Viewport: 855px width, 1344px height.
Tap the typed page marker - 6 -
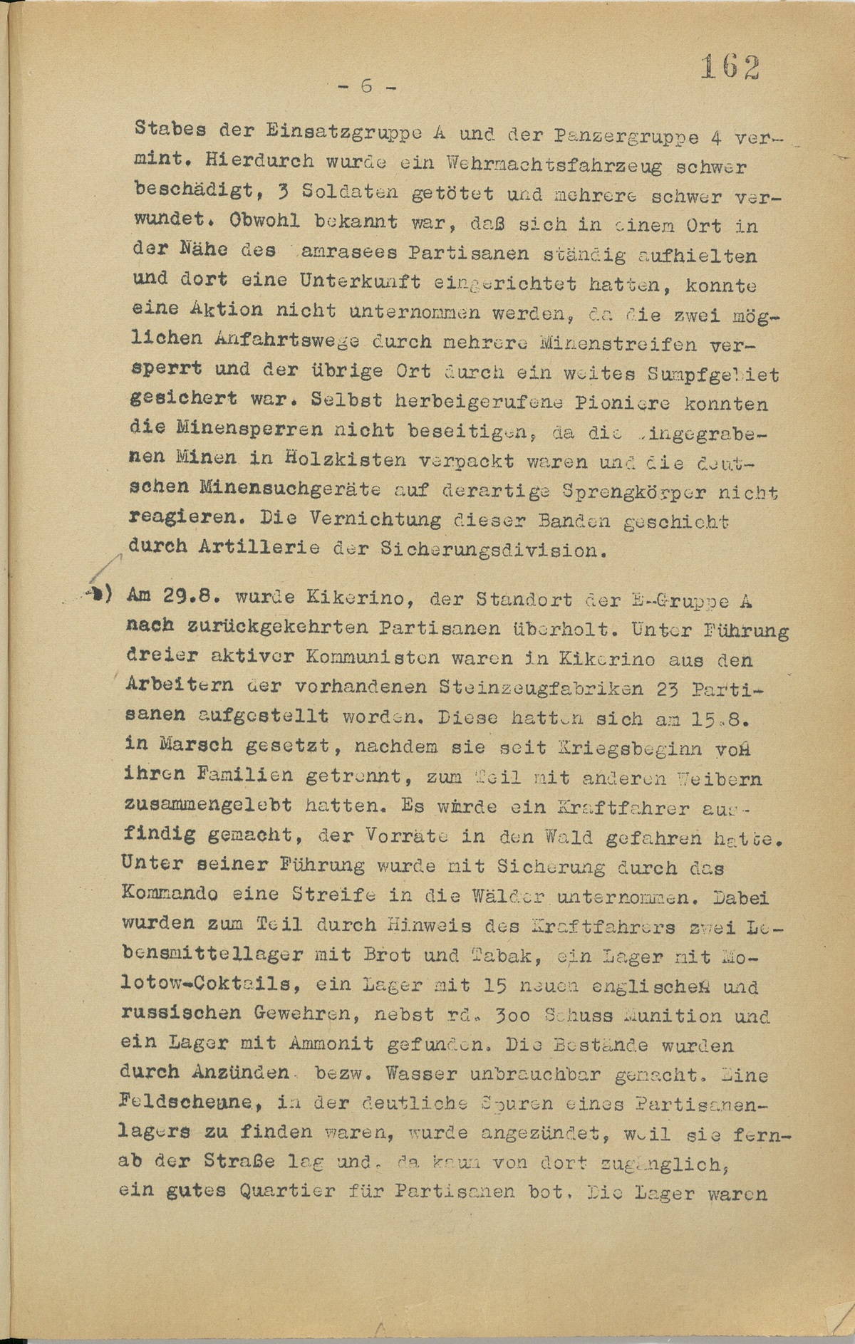368,86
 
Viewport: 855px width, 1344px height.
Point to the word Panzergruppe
618,135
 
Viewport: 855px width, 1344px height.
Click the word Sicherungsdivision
484,550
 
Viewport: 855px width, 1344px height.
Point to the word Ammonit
331,1045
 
